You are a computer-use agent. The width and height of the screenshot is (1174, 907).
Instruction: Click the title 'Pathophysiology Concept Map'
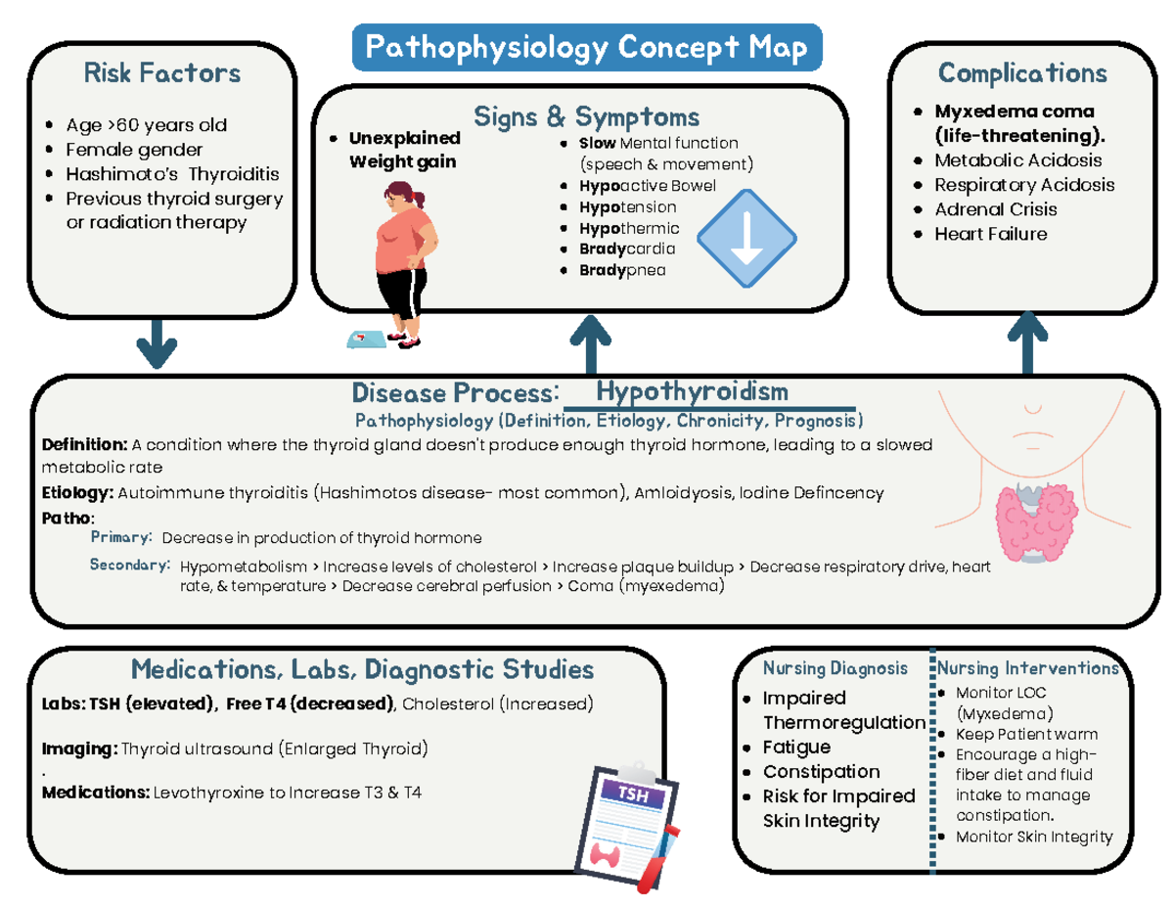pos(586,48)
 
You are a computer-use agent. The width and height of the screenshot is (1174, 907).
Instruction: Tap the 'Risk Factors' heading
pos(162,73)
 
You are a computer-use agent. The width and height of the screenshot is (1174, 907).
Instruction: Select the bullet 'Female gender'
pos(134,150)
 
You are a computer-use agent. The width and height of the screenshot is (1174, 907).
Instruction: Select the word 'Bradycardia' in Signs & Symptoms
pos(620,249)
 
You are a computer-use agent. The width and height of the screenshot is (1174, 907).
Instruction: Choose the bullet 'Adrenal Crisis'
pos(996,209)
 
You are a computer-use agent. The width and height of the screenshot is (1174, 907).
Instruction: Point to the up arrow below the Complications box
pos(1027,342)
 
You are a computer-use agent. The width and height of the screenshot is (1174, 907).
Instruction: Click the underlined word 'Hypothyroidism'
pos(692,392)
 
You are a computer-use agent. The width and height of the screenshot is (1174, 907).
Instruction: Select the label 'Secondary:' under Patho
pos(130,565)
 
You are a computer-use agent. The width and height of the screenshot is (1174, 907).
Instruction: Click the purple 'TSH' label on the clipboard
pos(632,795)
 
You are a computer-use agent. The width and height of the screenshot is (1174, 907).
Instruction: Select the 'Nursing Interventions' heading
pos(1028,668)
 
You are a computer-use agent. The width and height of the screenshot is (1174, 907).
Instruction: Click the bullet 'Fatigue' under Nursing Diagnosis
pos(796,747)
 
